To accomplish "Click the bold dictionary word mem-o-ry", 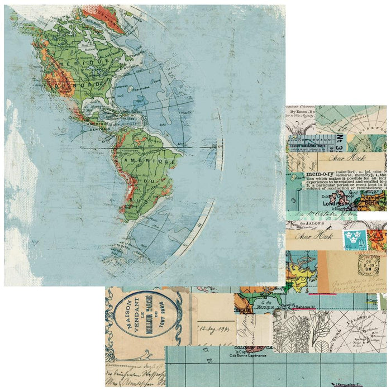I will (306, 174).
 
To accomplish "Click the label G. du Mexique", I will (255, 305).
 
